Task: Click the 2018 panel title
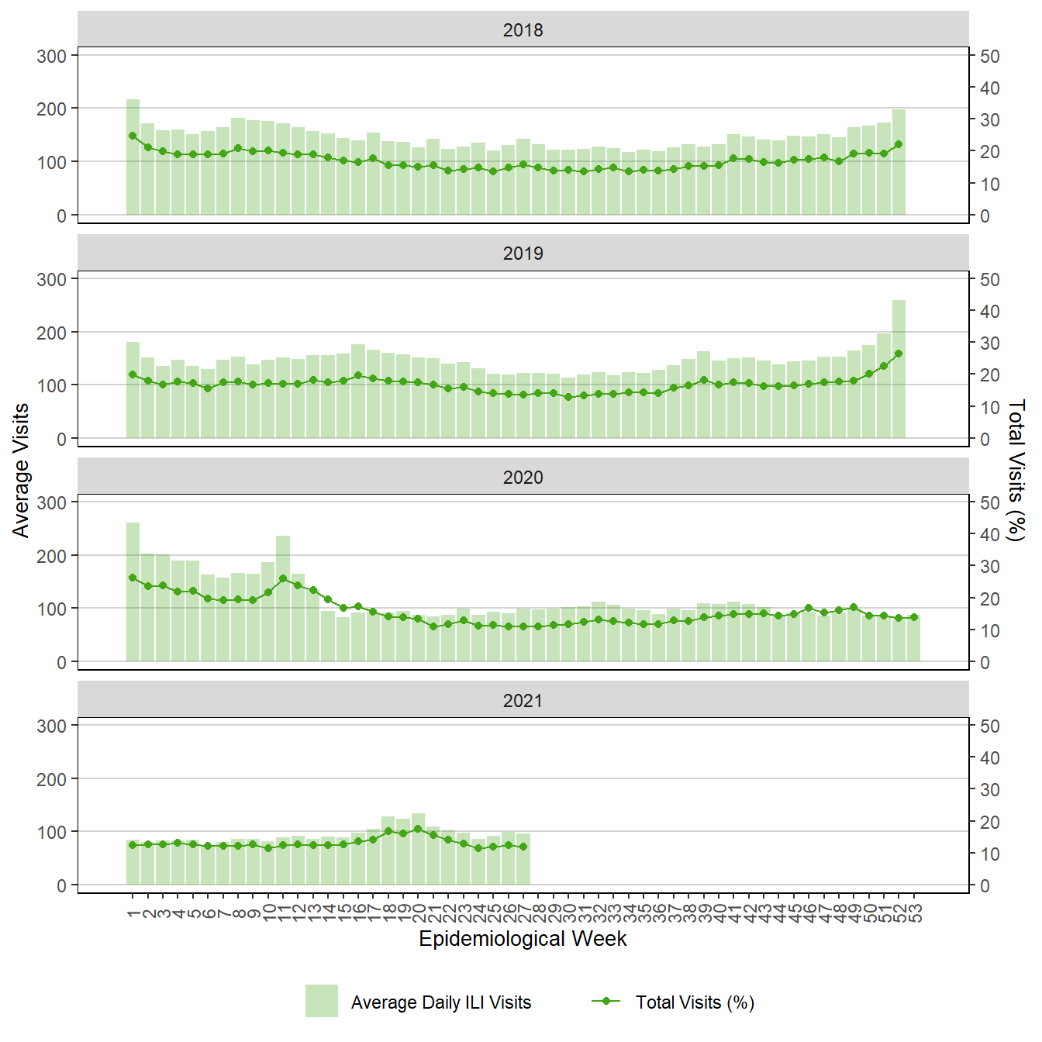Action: tap(523, 30)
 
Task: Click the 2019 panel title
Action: tap(523, 254)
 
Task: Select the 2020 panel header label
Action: tap(523, 478)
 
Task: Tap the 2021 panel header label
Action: tap(523, 701)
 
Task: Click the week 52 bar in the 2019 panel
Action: tap(899, 369)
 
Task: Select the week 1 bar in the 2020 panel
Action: tap(133, 592)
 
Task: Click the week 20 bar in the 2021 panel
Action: tap(418, 849)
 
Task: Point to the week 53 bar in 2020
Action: tap(914, 639)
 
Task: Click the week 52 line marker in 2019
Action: tap(899, 354)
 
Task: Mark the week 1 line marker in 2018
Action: tap(133, 136)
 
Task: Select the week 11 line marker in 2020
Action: tap(283, 578)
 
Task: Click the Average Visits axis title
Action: tap(21, 470)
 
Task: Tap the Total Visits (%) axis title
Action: tap(1016, 470)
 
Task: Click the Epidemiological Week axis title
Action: tap(523, 939)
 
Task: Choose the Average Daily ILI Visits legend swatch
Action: tap(321, 1001)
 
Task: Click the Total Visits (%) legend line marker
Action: tap(606, 1001)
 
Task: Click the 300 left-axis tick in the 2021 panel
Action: tap(52, 726)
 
